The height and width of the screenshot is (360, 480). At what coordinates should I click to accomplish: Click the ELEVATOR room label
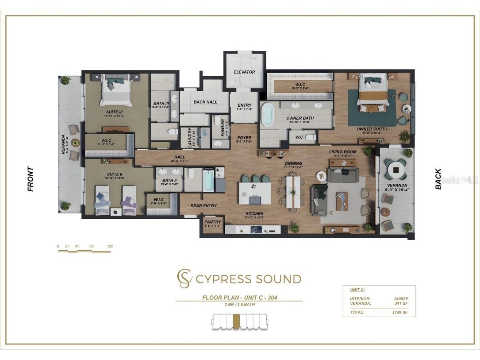(x=244, y=72)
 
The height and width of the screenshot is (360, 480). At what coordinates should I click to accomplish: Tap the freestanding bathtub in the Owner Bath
(x=268, y=115)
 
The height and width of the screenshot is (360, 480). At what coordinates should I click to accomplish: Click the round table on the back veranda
(x=396, y=170)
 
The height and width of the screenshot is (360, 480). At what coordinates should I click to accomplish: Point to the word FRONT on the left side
(x=31, y=179)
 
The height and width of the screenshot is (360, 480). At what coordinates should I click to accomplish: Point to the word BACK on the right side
(x=438, y=179)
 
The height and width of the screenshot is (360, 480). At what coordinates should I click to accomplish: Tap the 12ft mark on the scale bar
(x=110, y=246)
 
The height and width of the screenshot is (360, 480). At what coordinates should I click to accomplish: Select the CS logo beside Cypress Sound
(x=184, y=279)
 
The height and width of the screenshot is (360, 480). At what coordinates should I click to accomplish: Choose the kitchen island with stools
(x=255, y=193)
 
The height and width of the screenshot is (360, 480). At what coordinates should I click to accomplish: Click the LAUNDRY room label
(x=190, y=138)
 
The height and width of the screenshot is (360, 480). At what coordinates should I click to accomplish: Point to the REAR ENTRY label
(x=204, y=206)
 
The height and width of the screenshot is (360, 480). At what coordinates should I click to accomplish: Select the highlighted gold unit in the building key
(x=236, y=321)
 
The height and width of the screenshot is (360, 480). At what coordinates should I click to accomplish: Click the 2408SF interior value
(x=401, y=299)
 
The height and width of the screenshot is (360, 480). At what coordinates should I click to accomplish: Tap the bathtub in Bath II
(x=208, y=182)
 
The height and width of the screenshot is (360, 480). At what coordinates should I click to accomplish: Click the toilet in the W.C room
(x=311, y=138)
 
